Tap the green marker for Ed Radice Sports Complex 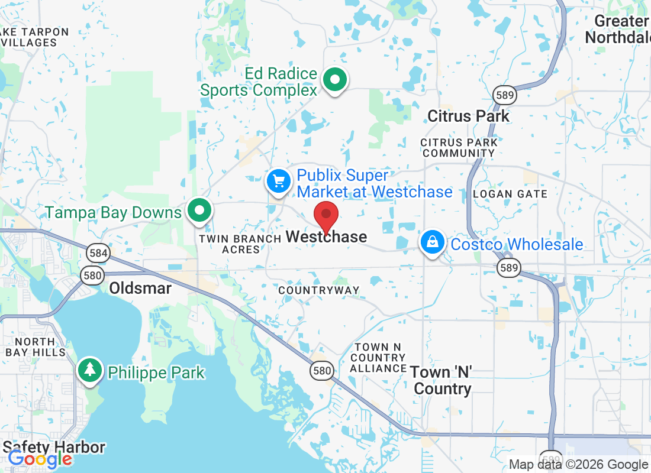[x=335, y=79]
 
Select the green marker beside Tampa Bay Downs [x=200, y=210]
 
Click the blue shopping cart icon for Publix [x=278, y=181]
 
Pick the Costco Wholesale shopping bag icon [x=433, y=242]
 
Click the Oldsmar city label [x=140, y=289]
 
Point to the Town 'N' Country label [x=442, y=380]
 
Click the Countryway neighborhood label [x=318, y=290]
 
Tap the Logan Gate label [x=510, y=194]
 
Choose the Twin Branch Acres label [x=240, y=244]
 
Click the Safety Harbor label [x=54, y=447]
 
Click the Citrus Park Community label [x=459, y=148]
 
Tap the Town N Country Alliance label [x=378, y=358]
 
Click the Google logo [x=40, y=458]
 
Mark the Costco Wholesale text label [x=517, y=244]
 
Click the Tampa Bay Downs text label [x=114, y=212]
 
